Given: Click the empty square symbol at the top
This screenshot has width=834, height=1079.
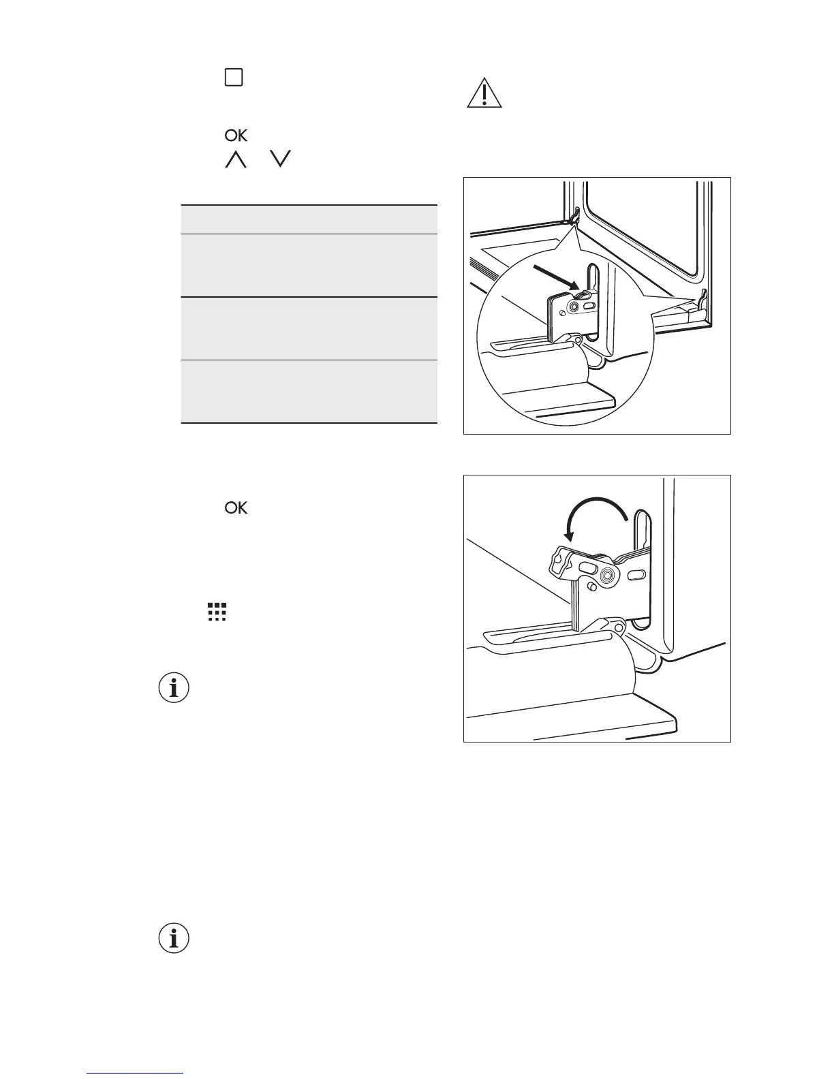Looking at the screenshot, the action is click(x=234, y=78).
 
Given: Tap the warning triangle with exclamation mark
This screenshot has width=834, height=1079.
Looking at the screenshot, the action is click(x=484, y=95).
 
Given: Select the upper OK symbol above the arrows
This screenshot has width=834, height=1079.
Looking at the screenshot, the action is click(x=236, y=136).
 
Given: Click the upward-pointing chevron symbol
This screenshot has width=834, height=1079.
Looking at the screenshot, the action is click(x=235, y=160).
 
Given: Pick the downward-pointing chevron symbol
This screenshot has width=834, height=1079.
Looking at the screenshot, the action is click(x=280, y=160).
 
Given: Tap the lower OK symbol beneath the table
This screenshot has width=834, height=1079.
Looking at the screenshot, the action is click(x=236, y=508).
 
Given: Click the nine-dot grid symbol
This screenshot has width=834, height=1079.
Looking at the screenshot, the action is click(x=217, y=612).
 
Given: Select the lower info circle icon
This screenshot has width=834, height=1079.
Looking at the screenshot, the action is click(x=174, y=939).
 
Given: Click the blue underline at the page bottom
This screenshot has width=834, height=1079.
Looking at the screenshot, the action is click(x=135, y=1074).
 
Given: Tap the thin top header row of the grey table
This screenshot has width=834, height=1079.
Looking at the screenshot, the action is click(x=309, y=219).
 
